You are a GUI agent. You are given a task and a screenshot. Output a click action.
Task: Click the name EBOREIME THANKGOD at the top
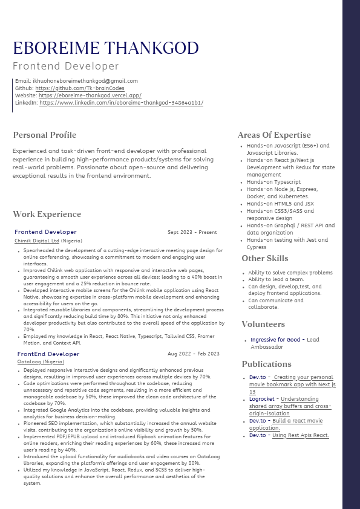coord(106,48)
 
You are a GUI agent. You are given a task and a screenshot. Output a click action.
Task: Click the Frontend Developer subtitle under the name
coord(66,66)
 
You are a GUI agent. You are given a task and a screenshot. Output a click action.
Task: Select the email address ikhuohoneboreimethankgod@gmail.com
coord(85,81)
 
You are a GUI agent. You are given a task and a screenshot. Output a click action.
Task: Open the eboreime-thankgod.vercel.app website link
coord(90,96)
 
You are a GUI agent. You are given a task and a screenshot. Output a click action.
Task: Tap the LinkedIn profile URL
coord(122,103)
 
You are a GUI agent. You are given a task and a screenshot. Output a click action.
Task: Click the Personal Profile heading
coord(45,135)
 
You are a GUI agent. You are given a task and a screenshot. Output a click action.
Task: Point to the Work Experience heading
coord(47,214)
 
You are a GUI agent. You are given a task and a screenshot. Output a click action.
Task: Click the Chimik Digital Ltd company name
coord(37,241)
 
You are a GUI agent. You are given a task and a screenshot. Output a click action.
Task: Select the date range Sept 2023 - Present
coord(192,232)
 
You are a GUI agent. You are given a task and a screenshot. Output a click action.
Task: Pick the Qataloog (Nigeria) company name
coord(41,361)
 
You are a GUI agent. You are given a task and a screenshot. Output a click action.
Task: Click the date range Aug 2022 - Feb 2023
coord(194,354)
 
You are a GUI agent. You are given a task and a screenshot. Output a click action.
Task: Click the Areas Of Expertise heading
coord(274,135)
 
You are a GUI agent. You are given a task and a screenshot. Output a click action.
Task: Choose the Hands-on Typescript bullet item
coord(273,182)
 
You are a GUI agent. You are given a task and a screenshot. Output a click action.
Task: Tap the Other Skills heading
coord(265,259)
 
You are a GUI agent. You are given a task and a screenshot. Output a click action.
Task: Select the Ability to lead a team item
coord(276,280)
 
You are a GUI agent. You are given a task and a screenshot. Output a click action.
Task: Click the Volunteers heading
coord(263,324)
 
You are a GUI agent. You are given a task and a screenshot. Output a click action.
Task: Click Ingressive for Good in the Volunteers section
coord(276,340)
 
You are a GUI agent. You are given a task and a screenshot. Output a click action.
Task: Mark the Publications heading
coord(266,364)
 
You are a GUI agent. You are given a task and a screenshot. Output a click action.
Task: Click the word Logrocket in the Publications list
coord(261,399)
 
